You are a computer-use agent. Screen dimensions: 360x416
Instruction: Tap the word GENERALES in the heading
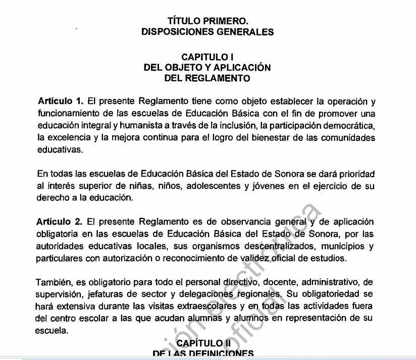tap(246, 32)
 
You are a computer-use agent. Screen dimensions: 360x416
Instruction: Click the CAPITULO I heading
tap(207, 58)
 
